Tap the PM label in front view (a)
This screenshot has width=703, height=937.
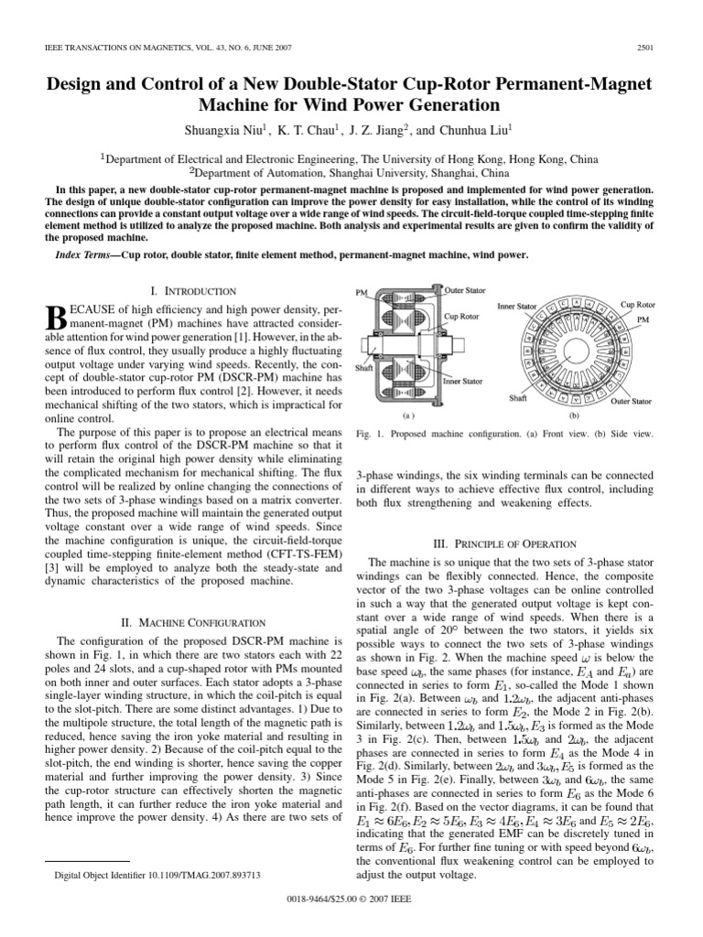(360, 293)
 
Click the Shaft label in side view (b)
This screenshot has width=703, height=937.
(518, 399)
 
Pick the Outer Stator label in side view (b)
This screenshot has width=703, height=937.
(632, 401)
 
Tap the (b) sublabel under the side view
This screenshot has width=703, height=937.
(575, 415)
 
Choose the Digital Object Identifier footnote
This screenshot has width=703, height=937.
(158, 876)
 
